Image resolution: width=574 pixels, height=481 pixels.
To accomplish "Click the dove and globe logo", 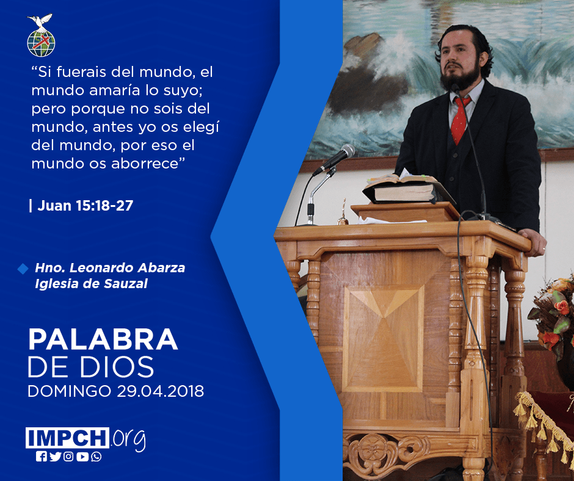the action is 41,35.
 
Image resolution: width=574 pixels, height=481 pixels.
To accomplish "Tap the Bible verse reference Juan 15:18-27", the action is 85,206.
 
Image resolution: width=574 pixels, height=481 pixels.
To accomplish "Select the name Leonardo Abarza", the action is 127,268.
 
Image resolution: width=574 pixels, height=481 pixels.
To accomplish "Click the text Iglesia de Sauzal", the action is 91,284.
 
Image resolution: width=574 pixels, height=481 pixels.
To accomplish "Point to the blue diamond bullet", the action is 23,269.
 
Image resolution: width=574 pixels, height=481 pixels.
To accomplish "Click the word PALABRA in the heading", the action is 103,340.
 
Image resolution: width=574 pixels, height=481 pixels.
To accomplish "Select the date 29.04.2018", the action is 161,391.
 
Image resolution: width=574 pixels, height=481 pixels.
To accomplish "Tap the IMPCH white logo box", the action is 67,438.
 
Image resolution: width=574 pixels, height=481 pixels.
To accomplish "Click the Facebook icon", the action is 42,457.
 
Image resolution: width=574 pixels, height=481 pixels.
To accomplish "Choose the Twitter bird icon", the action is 55,457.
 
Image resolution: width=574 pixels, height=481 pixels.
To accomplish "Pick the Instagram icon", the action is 68,457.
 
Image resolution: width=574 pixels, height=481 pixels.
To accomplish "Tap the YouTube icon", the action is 82,457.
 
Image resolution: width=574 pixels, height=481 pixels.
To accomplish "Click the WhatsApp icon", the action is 96,457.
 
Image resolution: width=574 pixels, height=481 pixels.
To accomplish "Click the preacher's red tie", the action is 459,120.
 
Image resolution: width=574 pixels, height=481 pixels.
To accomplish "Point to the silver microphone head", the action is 346,151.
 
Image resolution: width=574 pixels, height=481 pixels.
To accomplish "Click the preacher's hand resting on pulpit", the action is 533,241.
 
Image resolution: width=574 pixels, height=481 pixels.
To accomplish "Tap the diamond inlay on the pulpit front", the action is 383,339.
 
